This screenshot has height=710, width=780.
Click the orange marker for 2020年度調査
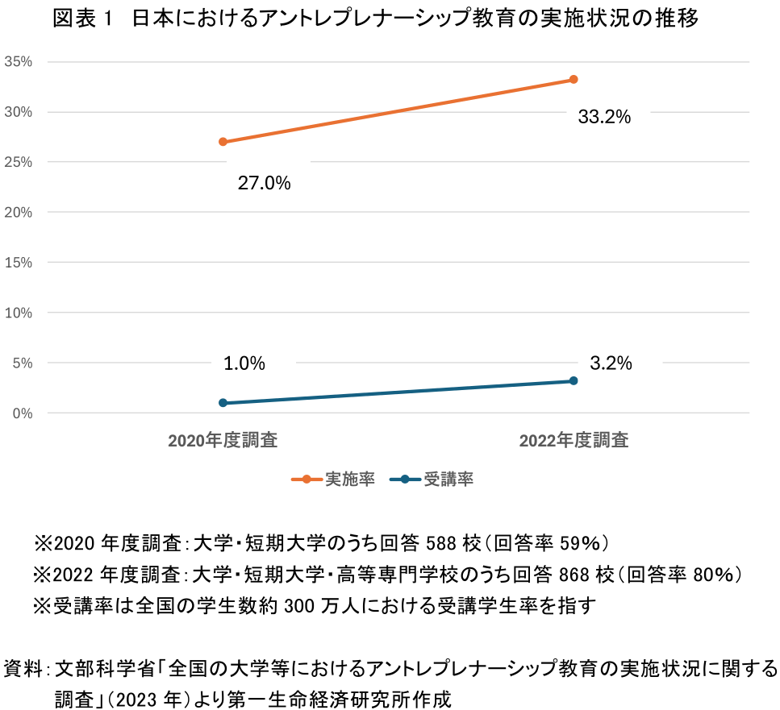223,142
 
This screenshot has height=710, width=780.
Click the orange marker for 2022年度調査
574,79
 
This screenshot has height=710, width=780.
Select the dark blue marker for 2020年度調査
223,403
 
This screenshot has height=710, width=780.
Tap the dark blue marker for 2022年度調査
574,380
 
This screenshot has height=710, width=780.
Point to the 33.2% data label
604,118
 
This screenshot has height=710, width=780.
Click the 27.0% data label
264,184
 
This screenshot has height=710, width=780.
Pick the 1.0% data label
244,363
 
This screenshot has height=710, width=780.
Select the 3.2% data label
611,363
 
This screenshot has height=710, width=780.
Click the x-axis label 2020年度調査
223,441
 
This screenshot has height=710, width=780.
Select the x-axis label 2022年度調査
574,441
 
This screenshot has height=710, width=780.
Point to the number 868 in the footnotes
574,575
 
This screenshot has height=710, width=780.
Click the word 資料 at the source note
23,670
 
